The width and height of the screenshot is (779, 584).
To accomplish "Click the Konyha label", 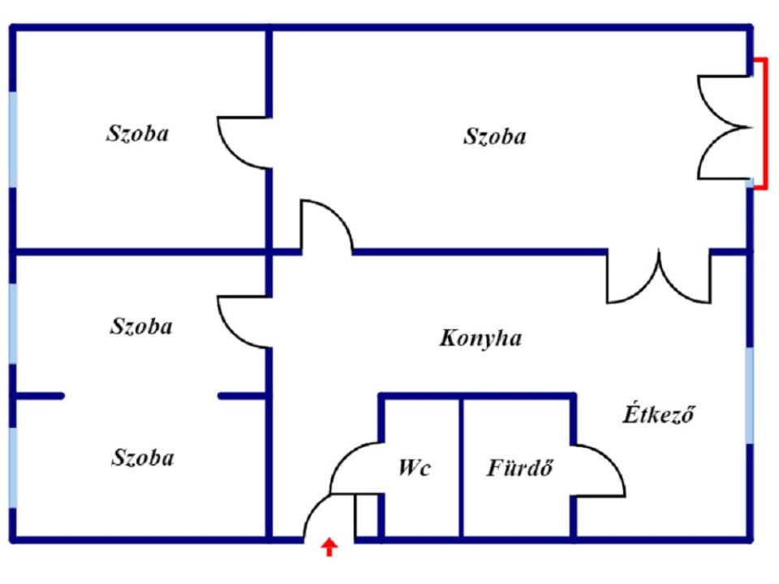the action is pyautogui.click(x=480, y=338).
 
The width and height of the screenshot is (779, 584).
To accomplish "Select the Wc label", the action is pyautogui.click(x=415, y=467).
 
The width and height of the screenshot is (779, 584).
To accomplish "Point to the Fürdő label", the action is pyautogui.click(x=519, y=467).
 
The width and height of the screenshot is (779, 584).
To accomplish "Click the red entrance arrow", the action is pyautogui.click(x=329, y=547).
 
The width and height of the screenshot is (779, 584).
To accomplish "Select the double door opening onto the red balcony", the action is pyautogui.click(x=725, y=127).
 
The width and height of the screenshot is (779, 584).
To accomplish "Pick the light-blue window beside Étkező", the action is pyautogui.click(x=749, y=395).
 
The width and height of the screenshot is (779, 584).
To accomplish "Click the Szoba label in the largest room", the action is pyautogui.click(x=494, y=136).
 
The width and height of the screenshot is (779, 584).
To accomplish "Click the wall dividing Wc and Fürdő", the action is pyautogui.click(x=462, y=467).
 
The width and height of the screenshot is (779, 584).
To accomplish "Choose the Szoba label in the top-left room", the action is pyautogui.click(x=138, y=134).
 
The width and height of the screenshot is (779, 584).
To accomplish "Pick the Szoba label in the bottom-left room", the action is pyautogui.click(x=143, y=457).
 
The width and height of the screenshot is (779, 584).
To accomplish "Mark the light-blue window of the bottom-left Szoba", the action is pyautogui.click(x=14, y=467).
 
